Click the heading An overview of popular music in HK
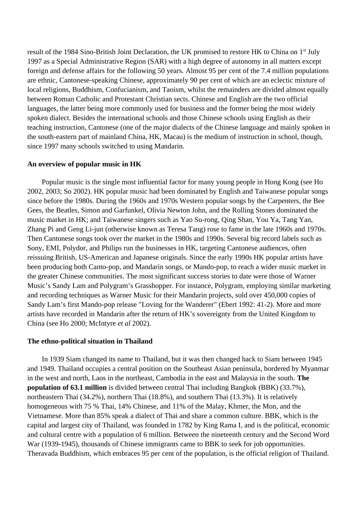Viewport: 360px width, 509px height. (84, 164)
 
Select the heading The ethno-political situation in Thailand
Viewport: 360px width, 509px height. (90, 341)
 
